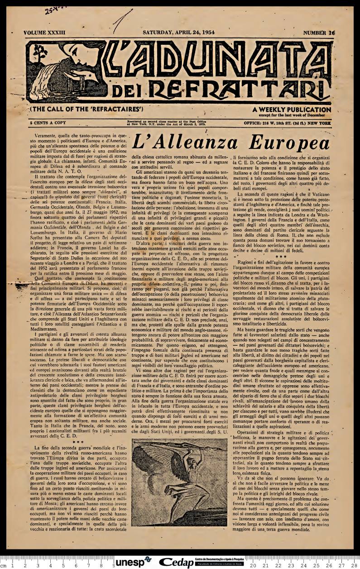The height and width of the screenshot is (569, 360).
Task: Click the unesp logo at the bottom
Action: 133,562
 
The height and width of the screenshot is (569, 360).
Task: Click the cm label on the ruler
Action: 4,565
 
